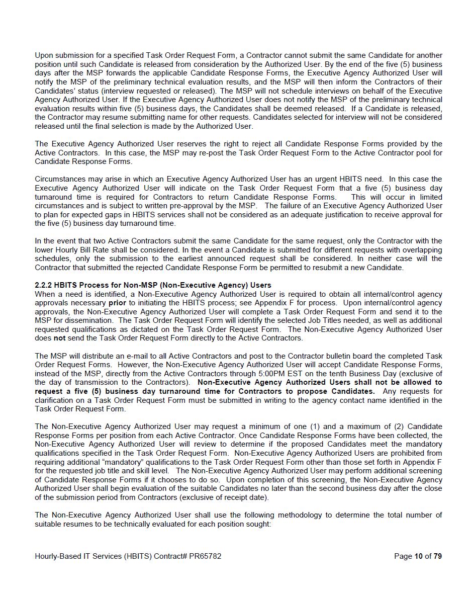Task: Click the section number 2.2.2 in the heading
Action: pyautogui.click(x=44, y=285)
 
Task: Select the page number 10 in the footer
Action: pyautogui.click(x=418, y=556)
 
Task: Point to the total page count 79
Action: pyautogui.click(x=437, y=556)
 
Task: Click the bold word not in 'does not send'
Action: pyautogui.click(x=60, y=338)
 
